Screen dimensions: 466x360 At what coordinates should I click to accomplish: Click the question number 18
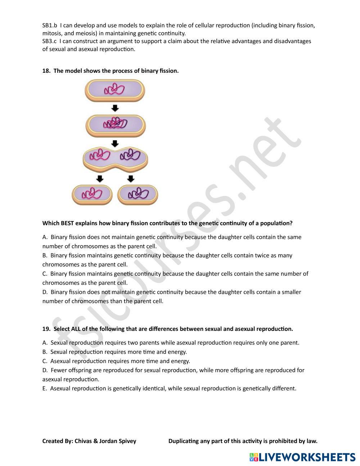point(46,71)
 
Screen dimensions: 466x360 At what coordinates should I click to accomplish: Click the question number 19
point(46,329)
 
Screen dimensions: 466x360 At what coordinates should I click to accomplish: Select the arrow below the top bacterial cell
point(115,108)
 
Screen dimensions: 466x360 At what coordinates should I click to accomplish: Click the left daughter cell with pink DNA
point(92,194)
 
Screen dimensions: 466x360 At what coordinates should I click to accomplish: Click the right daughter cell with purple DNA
point(138,194)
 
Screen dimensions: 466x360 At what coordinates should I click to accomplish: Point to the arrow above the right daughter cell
point(131,179)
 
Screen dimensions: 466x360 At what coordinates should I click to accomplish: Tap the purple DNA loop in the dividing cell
point(130,155)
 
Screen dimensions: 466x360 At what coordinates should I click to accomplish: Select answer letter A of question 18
point(45,237)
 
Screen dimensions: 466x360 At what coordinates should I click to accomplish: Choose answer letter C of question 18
point(45,274)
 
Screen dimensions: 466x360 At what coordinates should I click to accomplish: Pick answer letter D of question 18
point(45,292)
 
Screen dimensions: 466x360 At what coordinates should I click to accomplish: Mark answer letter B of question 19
point(45,352)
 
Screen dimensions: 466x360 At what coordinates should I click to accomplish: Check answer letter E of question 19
point(44,389)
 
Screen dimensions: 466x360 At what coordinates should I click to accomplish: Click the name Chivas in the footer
point(83,441)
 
